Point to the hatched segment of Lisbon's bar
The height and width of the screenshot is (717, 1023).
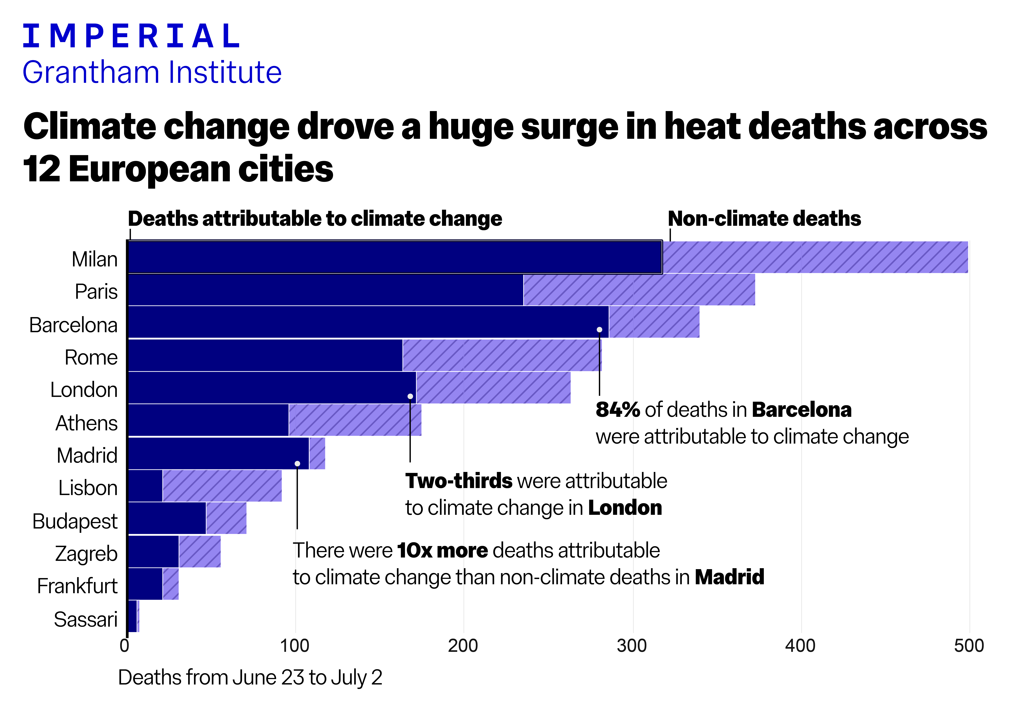point(222,485)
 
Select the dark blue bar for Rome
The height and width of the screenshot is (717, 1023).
point(265,355)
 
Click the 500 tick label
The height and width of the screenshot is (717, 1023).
point(969,646)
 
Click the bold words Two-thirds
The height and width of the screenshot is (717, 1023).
point(458,481)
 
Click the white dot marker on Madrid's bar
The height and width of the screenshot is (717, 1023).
point(297,464)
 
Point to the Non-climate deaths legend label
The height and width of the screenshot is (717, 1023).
point(764,219)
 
